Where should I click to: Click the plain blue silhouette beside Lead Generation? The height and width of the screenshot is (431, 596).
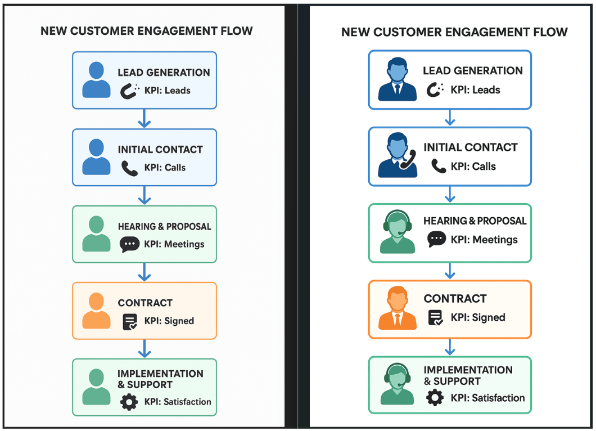pos(96,80)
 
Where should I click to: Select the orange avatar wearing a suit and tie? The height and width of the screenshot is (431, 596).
pos(398,308)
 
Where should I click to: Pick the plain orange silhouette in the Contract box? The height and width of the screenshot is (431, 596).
pos(96,311)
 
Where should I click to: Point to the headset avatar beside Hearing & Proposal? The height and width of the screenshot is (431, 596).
pos(398,231)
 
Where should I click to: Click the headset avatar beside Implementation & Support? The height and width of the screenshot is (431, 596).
pos(398,384)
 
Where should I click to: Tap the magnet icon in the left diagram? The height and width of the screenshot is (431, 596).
pos(130,91)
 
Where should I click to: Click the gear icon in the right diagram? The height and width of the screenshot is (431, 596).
pos(435,398)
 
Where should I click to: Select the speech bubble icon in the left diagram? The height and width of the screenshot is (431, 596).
pos(129,244)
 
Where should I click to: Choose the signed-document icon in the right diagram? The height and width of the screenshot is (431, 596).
pos(435,317)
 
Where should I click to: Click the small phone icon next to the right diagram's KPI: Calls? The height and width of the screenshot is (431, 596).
pos(438,166)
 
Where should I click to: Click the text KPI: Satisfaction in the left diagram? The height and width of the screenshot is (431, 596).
pos(178,402)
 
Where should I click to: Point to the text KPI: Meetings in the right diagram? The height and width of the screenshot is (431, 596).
pos(484,240)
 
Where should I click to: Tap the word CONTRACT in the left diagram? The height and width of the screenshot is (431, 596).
pos(145,303)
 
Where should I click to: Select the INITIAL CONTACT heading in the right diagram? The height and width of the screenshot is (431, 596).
pos(471,147)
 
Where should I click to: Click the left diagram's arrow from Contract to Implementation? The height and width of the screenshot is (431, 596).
pos(145,348)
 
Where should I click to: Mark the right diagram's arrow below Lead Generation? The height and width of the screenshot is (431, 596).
pos(449,117)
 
